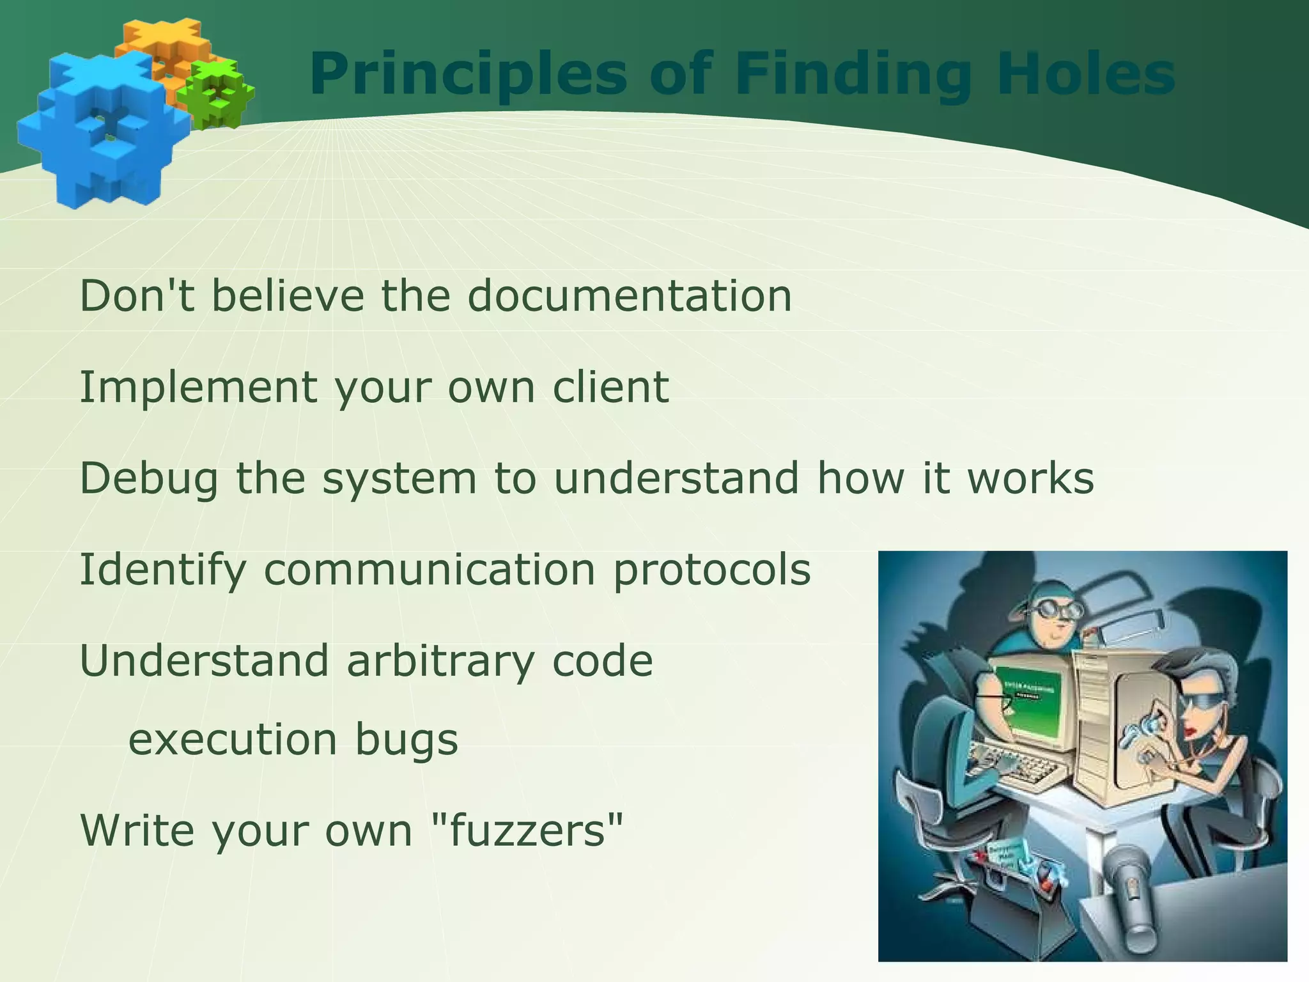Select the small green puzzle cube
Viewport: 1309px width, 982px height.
[216, 94]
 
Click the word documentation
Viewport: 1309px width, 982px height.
[630, 296]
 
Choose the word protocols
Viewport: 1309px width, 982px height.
[711, 570]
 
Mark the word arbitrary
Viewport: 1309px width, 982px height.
[440, 662]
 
